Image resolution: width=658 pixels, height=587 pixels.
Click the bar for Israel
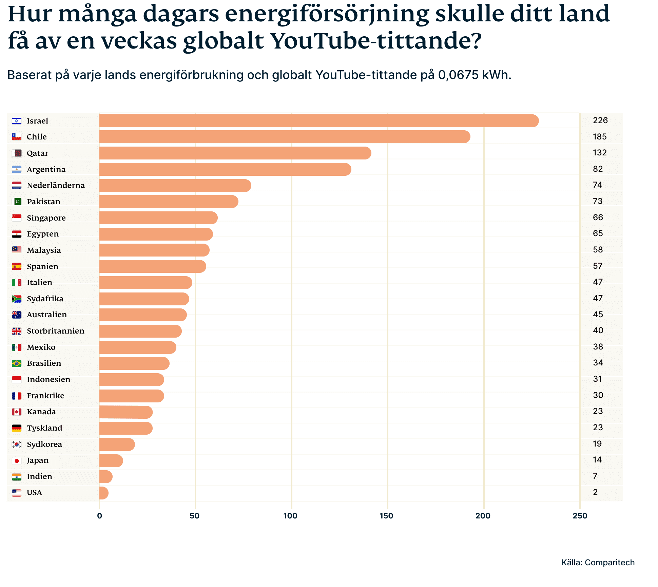(319, 121)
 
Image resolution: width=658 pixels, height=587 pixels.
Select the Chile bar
(285, 137)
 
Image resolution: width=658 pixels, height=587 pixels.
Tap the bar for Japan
(111, 460)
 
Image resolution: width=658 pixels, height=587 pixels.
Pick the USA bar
(104, 493)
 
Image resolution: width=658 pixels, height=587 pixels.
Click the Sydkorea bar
(117, 444)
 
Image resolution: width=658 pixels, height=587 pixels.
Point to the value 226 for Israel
(600, 120)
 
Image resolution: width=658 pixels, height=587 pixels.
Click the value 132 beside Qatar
(599, 153)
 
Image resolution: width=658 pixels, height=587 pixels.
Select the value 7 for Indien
(595, 476)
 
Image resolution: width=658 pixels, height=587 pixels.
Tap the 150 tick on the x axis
(386, 516)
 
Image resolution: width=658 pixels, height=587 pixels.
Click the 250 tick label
(580, 516)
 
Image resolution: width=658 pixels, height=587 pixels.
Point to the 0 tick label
(99, 516)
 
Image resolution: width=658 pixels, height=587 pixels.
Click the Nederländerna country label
(56, 185)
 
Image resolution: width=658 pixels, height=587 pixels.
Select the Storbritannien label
(55, 331)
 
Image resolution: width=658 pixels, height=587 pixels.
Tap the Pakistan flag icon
(17, 202)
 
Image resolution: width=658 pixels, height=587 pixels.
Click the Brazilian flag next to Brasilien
(17, 363)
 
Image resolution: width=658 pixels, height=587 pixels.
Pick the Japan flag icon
(17, 460)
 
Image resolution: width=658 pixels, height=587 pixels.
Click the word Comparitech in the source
(609, 563)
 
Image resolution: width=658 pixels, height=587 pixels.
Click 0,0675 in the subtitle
(458, 75)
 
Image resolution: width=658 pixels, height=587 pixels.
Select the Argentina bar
(225, 169)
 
